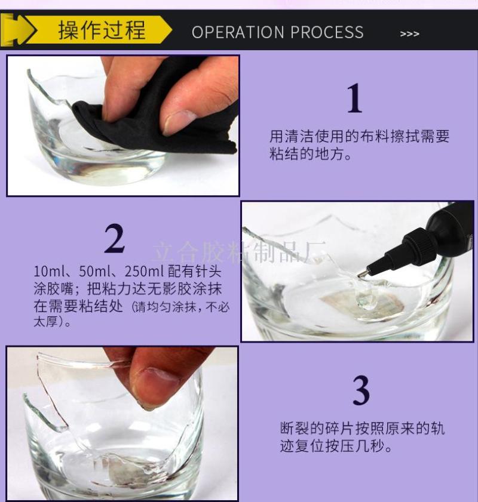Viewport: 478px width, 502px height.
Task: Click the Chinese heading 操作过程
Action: tap(102, 30)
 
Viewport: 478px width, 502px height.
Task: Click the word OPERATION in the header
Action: tap(238, 32)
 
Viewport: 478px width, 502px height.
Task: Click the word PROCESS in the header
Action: tap(327, 32)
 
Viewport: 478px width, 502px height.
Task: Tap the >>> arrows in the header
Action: tap(409, 34)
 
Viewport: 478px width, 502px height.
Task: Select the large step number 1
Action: tap(355, 98)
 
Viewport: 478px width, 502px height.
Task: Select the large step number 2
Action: tap(114, 238)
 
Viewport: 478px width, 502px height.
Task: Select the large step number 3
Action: tap(361, 390)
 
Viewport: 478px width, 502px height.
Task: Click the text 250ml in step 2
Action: tap(144, 272)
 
